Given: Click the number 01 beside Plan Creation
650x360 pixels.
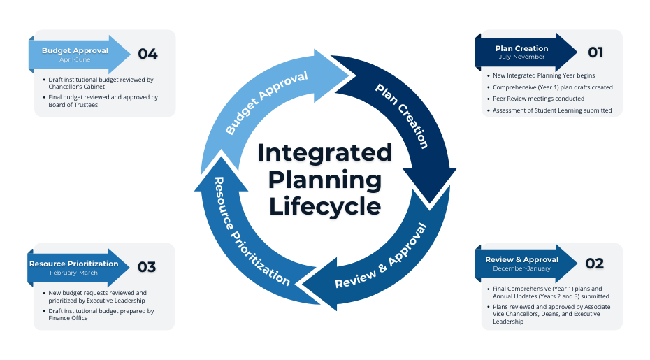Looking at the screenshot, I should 595,52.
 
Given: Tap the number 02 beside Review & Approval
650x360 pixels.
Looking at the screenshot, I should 595,264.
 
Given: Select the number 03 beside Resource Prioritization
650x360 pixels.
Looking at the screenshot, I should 147,267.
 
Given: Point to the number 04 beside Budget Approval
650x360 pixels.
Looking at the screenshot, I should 147,53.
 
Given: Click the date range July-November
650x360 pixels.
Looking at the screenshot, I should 521,57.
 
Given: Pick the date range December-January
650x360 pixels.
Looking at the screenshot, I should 521,268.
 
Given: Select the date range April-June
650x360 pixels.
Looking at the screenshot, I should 75,59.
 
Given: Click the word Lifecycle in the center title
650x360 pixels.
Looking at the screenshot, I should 325,207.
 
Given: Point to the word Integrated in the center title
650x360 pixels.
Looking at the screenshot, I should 325,152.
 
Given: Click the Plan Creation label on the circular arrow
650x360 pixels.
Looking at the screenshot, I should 401,115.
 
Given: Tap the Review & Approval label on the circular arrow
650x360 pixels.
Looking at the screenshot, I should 380,257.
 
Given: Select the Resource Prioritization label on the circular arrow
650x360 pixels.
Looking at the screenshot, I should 251,231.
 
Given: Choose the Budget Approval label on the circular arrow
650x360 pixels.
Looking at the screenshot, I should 266,103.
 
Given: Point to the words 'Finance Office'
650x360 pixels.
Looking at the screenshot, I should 70,318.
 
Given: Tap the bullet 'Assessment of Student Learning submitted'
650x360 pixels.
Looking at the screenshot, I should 552,110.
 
